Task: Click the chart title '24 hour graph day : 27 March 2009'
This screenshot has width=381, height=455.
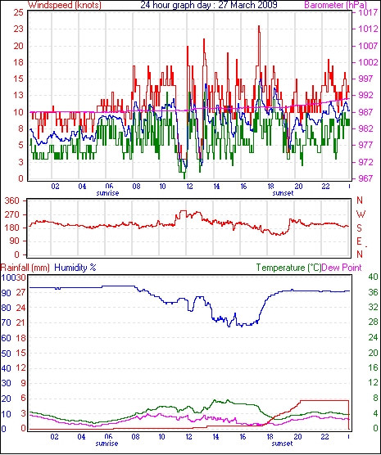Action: pyautogui.click(x=209, y=5)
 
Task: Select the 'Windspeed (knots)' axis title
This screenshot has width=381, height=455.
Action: pyautogui.click(x=65, y=5)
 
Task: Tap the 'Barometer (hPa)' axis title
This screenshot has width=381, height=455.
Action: pyautogui.click(x=336, y=5)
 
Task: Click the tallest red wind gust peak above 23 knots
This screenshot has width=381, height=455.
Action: pyautogui.click(x=259, y=27)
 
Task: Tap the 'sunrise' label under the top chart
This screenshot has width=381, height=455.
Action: pyautogui.click(x=107, y=193)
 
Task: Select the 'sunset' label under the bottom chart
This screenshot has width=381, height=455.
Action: pyautogui.click(x=283, y=444)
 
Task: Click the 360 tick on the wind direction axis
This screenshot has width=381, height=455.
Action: pyautogui.click(x=12, y=200)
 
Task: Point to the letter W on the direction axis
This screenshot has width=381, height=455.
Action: pyautogui.click(x=361, y=214)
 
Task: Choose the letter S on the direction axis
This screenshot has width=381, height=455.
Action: pyautogui.click(x=360, y=228)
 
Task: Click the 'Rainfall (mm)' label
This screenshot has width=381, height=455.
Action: pyautogui.click(x=25, y=268)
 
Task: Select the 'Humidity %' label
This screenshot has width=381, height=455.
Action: pyautogui.click(x=75, y=268)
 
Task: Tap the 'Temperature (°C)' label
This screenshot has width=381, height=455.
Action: pyautogui.click(x=288, y=268)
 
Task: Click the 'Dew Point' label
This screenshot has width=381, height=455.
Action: pyautogui.click(x=342, y=268)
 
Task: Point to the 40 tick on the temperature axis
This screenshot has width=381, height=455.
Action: pyautogui.click(x=373, y=277)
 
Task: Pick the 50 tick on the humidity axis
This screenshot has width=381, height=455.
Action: pyautogui.click(x=6, y=354)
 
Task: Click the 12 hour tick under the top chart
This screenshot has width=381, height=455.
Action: pyautogui.click(x=189, y=186)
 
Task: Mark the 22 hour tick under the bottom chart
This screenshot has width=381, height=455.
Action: pyautogui.click(x=325, y=436)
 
